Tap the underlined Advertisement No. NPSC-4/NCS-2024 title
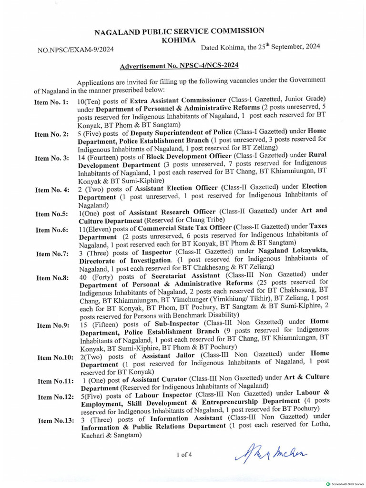point(179,65)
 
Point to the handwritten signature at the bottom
point(270,454)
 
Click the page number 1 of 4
point(184,454)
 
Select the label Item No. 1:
point(51,102)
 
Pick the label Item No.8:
point(52,278)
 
